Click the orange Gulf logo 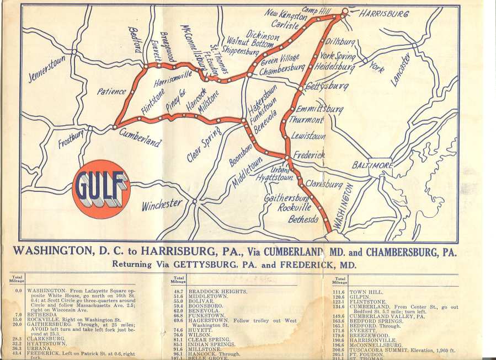[x=101, y=189]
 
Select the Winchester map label [x=162, y=205]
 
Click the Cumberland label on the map [x=140, y=137]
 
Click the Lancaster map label [x=401, y=69]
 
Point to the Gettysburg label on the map [x=327, y=87]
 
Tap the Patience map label [x=112, y=92]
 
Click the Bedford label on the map [x=135, y=39]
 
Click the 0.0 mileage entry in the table [x=18, y=291]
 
